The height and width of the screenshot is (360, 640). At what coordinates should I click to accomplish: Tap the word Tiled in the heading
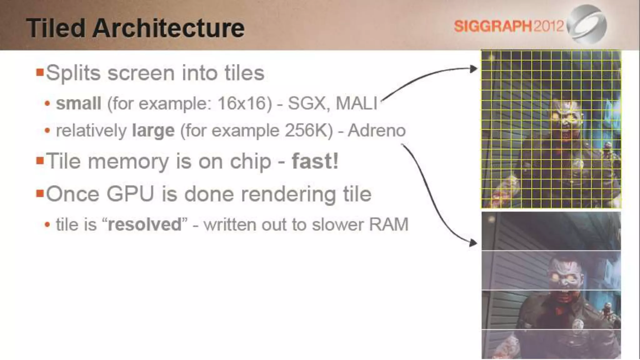click(56, 28)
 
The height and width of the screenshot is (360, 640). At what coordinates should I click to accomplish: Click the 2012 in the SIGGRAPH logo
click(549, 26)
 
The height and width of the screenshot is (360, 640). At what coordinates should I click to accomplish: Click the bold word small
click(78, 103)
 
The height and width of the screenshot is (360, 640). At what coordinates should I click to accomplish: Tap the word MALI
click(357, 103)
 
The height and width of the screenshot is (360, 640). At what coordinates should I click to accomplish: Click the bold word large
click(153, 130)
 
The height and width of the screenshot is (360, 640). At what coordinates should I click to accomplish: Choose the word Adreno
click(377, 130)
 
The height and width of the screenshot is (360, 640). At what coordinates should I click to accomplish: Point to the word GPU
click(130, 194)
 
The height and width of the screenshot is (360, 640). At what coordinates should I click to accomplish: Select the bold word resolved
click(144, 224)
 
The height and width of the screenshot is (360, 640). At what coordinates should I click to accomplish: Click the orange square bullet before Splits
click(40, 72)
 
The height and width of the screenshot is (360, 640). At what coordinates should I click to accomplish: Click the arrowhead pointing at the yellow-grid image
click(473, 69)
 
